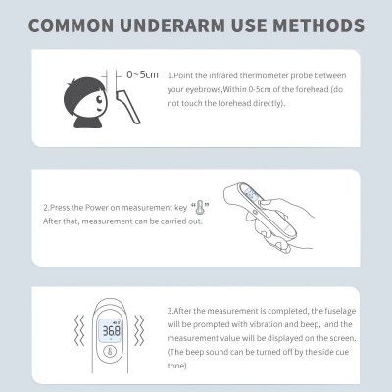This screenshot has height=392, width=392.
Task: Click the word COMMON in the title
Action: pyautogui.click(x=72, y=25)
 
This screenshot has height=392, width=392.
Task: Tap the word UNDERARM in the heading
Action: pyautogui.click(x=172, y=25)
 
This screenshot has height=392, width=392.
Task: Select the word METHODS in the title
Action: pyautogui.click(x=318, y=25)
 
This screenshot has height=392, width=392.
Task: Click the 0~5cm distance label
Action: pyautogui.click(x=142, y=74)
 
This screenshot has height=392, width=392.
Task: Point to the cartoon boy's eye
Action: pyautogui.click(x=99, y=98)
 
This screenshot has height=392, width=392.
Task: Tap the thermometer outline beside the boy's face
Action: pyautogui.click(x=128, y=106)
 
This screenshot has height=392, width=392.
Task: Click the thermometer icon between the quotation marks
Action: pyautogui.click(x=200, y=208)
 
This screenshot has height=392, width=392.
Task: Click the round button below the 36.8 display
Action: pyautogui.click(x=110, y=352)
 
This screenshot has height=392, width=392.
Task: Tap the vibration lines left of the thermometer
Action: pyautogui.click(x=79, y=330)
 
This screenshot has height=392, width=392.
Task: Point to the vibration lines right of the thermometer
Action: pyautogui.click(x=139, y=330)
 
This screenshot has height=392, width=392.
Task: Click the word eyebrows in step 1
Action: pyautogui.click(x=204, y=90)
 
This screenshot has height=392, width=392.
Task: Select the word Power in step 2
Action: pyautogui.click(x=95, y=208)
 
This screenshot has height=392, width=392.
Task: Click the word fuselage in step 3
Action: pyautogui.click(x=340, y=311)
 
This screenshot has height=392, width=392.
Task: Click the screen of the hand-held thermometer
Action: pyautogui.click(x=251, y=195)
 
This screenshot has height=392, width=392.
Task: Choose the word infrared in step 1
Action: pyautogui.click(x=223, y=75)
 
